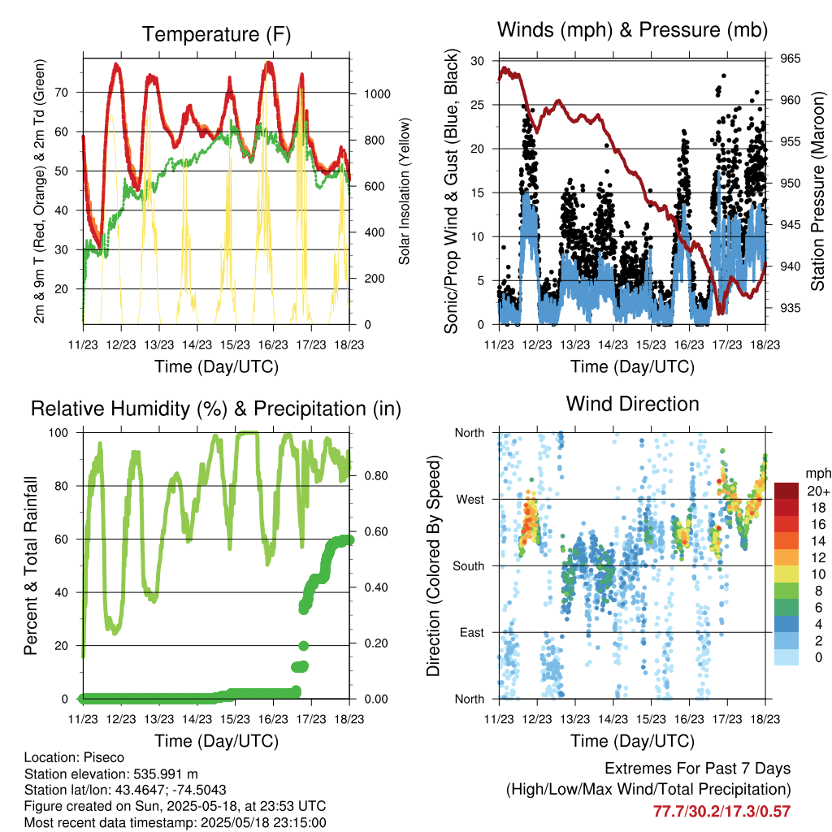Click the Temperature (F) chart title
click(x=216, y=34)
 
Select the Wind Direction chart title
click(x=632, y=404)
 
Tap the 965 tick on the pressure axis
click(x=790, y=58)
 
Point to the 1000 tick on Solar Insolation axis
click(x=377, y=94)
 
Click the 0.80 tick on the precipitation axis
click(x=376, y=476)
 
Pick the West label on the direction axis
click(x=470, y=500)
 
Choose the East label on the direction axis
click(x=472, y=632)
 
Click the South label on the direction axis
click(x=469, y=566)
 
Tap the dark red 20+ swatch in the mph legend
click(x=786, y=491)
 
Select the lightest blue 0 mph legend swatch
click(x=786, y=657)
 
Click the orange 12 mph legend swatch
click(x=786, y=557)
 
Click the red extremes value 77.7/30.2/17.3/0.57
click(x=721, y=812)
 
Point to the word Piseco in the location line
click(x=104, y=757)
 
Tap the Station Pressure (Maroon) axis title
click(x=817, y=191)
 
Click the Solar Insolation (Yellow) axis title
click(x=405, y=191)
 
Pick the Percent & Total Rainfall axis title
click(x=31, y=565)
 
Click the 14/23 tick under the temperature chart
click(x=197, y=344)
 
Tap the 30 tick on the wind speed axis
click(x=477, y=61)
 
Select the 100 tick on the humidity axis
click(x=58, y=433)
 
